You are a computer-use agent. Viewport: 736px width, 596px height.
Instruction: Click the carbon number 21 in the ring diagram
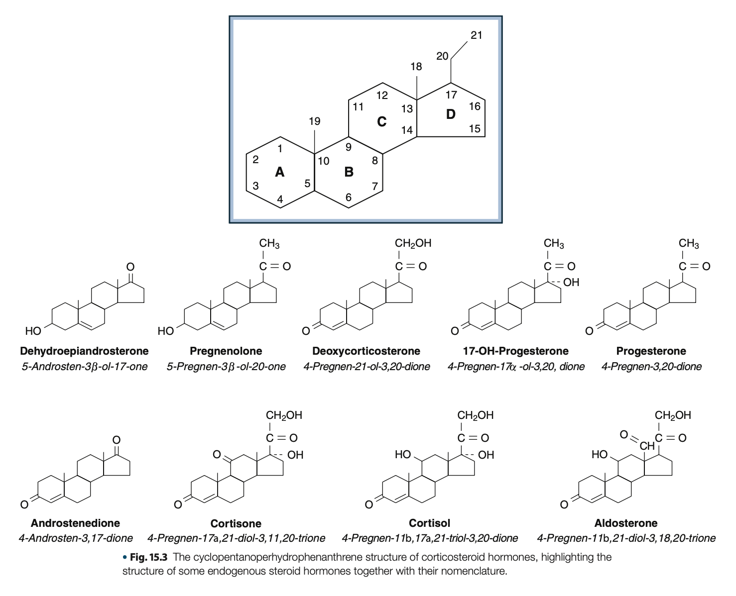tap(476, 35)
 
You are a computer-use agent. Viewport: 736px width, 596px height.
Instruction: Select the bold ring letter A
tap(280, 172)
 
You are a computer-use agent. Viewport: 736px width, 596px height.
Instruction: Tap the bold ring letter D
tap(451, 114)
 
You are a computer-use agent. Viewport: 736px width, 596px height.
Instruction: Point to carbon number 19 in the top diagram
tap(314, 121)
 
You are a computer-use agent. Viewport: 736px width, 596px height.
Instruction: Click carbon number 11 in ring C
tap(358, 106)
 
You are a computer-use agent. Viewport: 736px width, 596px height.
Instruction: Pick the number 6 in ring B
tap(349, 198)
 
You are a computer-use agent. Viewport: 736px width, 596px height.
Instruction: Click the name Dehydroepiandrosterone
tap(84, 351)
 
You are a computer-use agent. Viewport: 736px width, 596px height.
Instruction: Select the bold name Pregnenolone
tap(226, 351)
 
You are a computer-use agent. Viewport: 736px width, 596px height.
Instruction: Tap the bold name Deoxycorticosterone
tap(366, 351)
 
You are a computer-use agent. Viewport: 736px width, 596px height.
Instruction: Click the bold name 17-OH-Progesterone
tap(515, 351)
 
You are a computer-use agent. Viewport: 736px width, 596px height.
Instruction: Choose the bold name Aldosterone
tap(626, 523)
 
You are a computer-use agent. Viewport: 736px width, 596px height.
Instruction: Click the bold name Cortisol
tap(429, 523)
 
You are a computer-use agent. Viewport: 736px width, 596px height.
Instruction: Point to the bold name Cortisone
tap(236, 523)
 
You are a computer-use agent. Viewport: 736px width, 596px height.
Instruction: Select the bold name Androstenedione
tap(75, 523)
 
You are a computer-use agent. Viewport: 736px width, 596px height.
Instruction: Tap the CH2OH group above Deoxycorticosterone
tap(413, 243)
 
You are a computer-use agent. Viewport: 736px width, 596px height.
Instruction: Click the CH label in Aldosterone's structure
tap(647, 445)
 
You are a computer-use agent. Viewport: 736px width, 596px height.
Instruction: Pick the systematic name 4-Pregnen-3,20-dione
tap(651, 367)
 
